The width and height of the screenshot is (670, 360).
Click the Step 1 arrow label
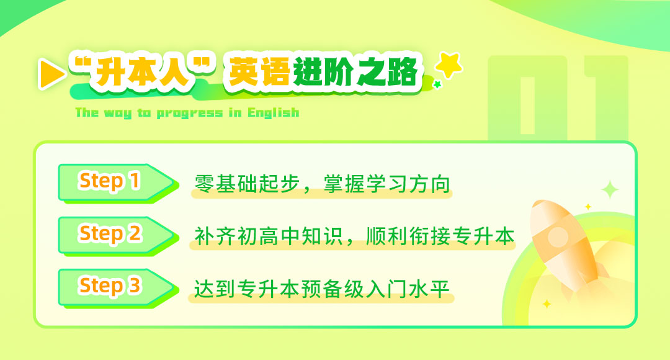click(x=117, y=182)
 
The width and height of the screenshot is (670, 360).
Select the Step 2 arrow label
click(x=117, y=235)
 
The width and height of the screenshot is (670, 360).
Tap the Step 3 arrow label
click(x=117, y=288)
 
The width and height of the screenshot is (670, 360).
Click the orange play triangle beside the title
click(x=51, y=74)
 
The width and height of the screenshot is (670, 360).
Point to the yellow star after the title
click(x=449, y=65)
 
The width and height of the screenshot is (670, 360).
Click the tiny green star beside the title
click(x=437, y=84)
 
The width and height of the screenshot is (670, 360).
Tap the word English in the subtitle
click(x=274, y=112)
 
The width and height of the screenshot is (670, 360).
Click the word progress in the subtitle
click(x=190, y=114)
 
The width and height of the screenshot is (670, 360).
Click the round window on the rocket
click(x=558, y=236)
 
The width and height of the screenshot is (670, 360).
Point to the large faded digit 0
click(x=527, y=98)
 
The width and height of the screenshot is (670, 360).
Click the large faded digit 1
click(x=607, y=98)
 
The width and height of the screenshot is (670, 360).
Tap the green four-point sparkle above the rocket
click(x=610, y=189)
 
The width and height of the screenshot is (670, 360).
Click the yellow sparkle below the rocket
click(x=547, y=304)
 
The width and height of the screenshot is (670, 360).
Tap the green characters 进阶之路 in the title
click(x=355, y=72)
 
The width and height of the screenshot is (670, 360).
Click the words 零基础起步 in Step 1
click(x=248, y=184)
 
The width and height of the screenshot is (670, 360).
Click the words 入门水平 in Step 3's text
click(x=408, y=289)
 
